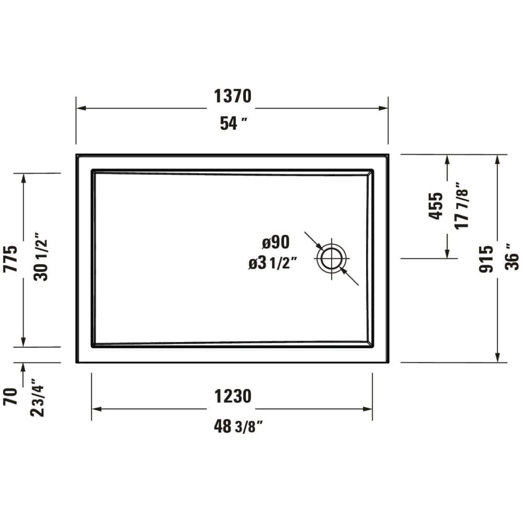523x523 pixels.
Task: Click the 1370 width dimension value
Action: [x=232, y=96]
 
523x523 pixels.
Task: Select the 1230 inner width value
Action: [x=232, y=396]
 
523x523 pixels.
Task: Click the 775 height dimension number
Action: [x=11, y=258]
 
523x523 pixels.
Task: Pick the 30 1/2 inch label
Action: [x=41, y=257]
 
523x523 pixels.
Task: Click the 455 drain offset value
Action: [x=436, y=206]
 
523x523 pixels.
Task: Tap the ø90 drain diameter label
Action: [x=276, y=242]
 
